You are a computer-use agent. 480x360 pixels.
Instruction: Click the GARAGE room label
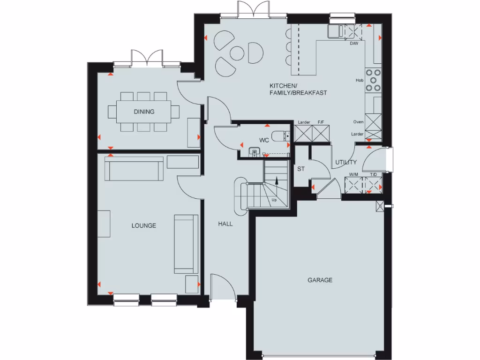[320, 280]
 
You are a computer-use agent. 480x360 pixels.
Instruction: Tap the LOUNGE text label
[143, 225]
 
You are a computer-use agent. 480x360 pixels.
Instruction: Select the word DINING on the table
[144, 112]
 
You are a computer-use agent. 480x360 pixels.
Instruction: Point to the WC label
[264, 140]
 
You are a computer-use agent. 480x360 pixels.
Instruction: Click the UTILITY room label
[345, 163]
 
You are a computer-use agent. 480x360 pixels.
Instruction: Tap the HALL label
[225, 224]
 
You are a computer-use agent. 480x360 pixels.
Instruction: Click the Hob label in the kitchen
[360, 81]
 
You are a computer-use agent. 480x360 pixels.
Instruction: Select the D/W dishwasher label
[354, 43]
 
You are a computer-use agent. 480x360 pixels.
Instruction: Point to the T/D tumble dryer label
[374, 175]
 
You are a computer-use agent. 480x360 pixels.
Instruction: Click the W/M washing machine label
[353, 175]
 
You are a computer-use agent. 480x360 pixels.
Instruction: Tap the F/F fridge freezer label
[321, 122]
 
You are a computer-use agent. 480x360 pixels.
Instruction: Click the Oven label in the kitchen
[358, 122]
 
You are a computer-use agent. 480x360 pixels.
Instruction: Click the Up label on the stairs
[274, 200]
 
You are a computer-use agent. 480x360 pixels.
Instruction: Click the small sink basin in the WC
[254, 151]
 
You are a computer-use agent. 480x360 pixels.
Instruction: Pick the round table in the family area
[237, 53]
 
